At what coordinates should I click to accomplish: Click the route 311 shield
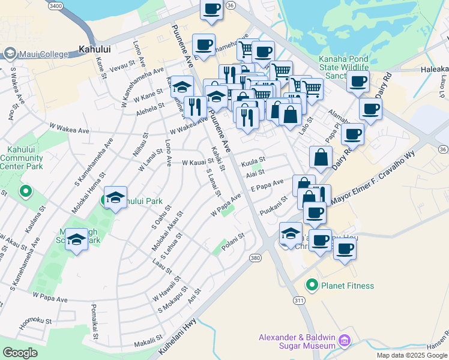[x=298, y=299]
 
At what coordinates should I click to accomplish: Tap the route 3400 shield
[x=55, y=5]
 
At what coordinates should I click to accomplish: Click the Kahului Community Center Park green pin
[x=25, y=192]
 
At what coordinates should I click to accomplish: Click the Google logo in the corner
[x=20, y=352]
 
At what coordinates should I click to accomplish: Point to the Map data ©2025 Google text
[x=411, y=355]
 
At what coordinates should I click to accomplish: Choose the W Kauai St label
[x=197, y=162]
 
